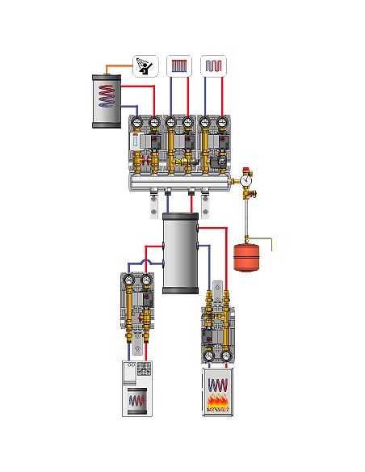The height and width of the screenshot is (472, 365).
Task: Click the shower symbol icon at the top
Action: tap(145, 65)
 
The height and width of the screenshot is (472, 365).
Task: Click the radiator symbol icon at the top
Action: tap(179, 65)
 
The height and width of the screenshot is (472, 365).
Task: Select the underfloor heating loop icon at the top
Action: tap(213, 65)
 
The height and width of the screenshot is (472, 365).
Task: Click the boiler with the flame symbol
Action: tap(216, 391)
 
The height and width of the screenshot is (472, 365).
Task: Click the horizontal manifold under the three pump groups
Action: tap(181, 183)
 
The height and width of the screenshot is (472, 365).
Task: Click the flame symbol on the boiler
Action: tap(216, 401)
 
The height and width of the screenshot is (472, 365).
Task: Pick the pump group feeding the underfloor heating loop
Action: tap(213, 145)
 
